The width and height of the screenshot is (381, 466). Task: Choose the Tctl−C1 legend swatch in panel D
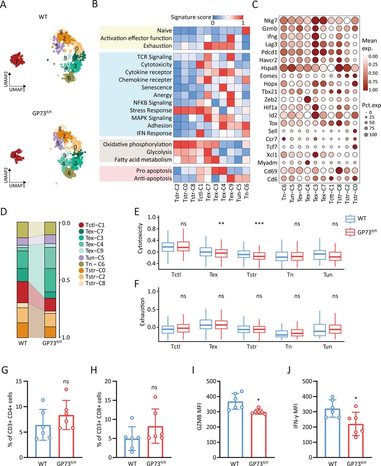tap(81, 225)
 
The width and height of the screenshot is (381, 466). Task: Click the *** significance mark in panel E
tap(259, 224)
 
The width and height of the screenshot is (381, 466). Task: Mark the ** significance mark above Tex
tap(221, 224)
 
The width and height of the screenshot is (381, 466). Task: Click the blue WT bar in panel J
tap(332, 433)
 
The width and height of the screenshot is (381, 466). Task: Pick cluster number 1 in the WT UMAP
tap(17, 63)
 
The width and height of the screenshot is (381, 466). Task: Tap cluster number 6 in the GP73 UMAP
tap(69, 174)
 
